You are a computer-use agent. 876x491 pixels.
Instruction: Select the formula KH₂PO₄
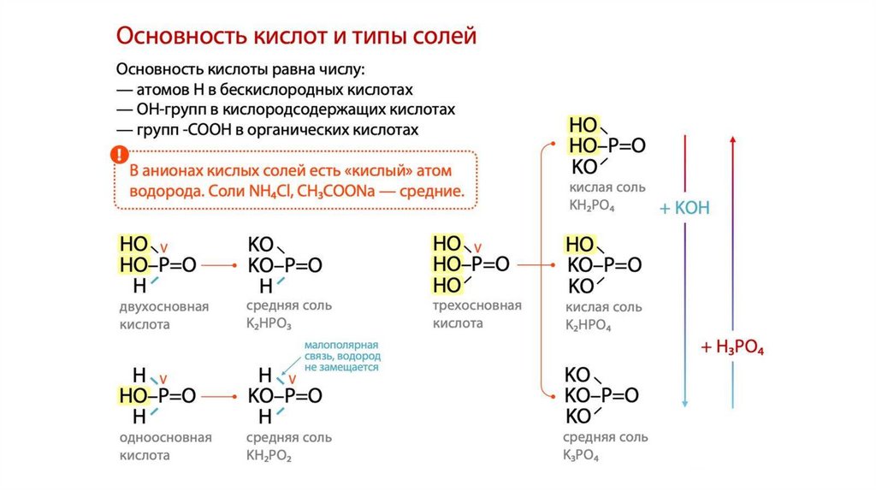(x=592, y=206)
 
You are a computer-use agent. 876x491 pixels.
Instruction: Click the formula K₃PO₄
(x=581, y=457)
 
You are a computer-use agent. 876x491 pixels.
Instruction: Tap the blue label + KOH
(x=684, y=208)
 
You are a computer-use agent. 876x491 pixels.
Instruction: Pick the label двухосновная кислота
(x=163, y=315)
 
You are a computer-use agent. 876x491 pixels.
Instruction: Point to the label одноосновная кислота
(x=165, y=447)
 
